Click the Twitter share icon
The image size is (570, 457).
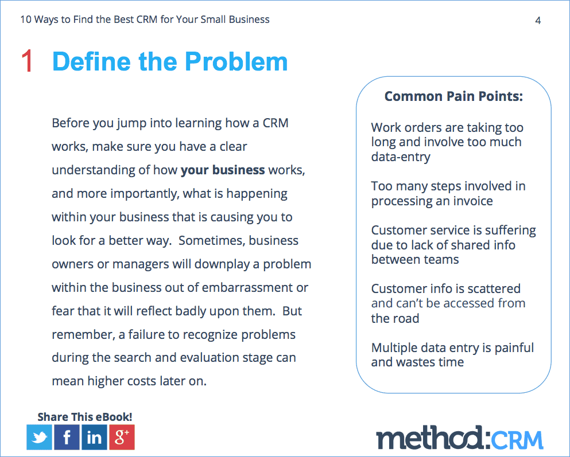coord(39,437)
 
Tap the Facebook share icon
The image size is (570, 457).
coord(67,437)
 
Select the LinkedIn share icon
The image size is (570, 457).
coord(95,437)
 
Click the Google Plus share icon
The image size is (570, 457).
coord(122,437)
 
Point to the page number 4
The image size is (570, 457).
coord(538,20)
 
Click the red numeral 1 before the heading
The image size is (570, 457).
coord(27,61)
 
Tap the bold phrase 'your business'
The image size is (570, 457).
coord(223,170)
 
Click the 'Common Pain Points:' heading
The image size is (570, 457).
coord(453,96)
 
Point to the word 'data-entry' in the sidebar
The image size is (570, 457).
coord(401,157)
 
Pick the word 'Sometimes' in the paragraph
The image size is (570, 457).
coord(212,241)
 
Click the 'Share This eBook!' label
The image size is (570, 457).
coord(85,417)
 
